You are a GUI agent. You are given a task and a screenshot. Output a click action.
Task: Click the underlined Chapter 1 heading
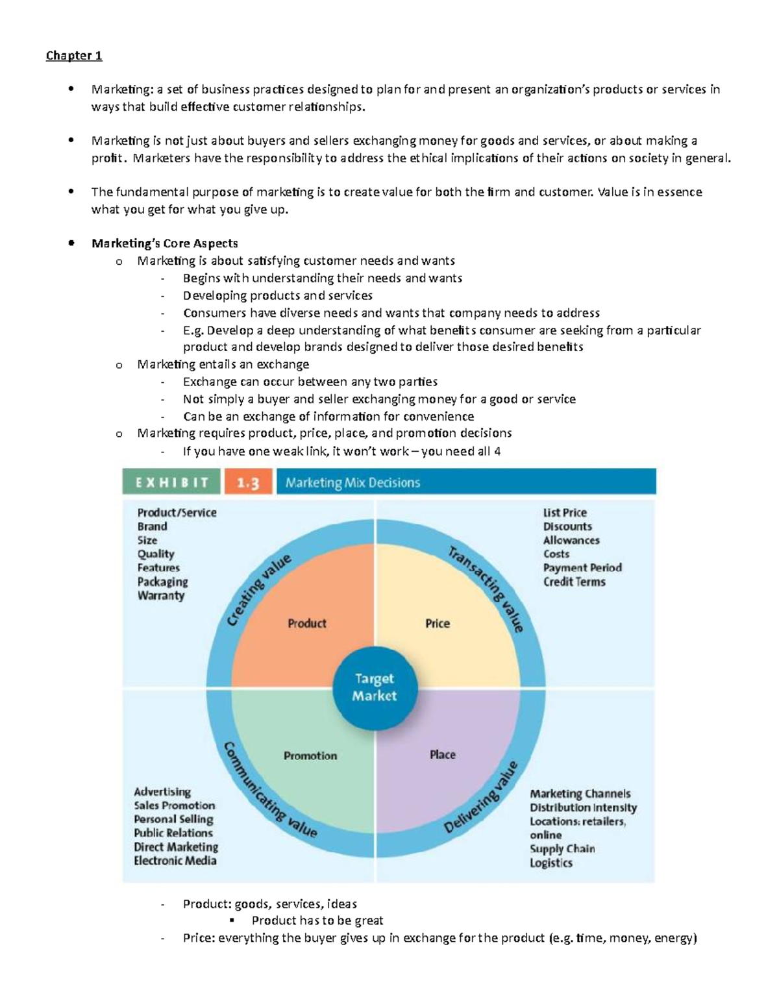(74, 56)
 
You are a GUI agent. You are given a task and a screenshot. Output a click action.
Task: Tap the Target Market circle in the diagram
(375, 687)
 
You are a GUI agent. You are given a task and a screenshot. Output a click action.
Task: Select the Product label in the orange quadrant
(307, 624)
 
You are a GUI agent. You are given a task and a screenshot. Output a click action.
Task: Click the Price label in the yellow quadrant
(438, 624)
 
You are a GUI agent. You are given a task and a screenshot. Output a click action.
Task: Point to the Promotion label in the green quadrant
(310, 756)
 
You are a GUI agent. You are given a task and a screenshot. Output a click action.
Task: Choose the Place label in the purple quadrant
(443, 755)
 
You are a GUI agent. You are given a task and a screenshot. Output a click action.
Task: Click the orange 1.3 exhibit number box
(248, 483)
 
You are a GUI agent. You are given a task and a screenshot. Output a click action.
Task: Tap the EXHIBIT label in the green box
(172, 483)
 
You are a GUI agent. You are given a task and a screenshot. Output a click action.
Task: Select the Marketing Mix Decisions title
(352, 483)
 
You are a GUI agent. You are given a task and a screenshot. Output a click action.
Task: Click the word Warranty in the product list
(161, 596)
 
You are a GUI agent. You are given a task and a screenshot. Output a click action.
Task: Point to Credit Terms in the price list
(575, 582)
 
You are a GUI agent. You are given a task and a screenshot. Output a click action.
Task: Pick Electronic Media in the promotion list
(175, 861)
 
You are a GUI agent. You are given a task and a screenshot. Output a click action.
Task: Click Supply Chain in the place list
(562, 849)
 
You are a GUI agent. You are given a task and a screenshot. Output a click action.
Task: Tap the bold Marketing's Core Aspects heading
(165, 243)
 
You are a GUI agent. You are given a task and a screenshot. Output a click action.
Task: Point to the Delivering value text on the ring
(481, 798)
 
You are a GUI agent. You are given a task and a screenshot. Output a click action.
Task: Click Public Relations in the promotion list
(173, 833)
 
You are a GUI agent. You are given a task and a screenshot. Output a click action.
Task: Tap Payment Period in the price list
(582, 568)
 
